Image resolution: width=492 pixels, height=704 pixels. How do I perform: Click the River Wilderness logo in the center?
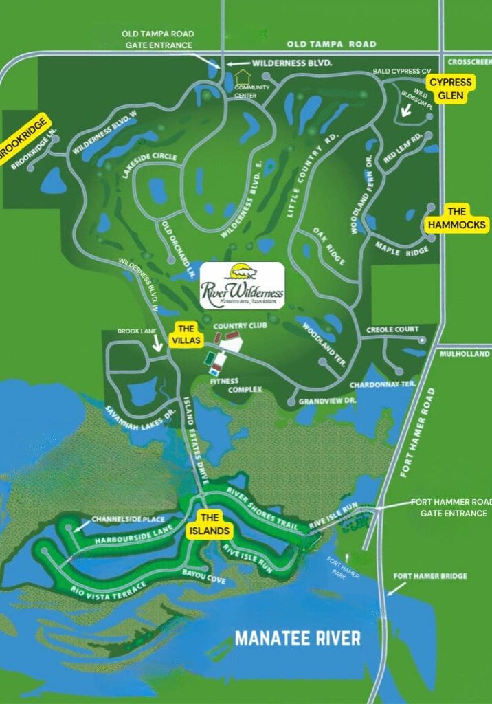[242, 284]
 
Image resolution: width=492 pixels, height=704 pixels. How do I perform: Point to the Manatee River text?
[298, 638]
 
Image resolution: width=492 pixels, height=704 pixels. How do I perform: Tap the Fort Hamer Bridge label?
[430, 576]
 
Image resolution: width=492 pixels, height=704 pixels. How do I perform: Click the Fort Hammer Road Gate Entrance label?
[450, 507]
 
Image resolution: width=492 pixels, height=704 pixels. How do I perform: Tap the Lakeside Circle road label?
[150, 165]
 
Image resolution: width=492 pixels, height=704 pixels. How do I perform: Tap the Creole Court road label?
[392, 330]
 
